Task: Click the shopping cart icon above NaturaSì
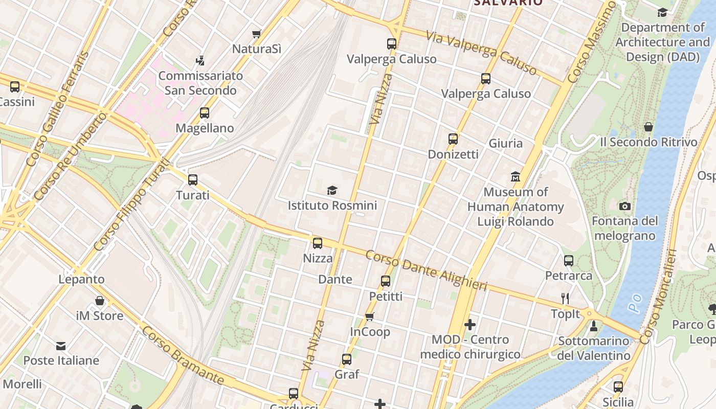[256, 34]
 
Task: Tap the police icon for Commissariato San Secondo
[200, 61]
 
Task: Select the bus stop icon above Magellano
[205, 113]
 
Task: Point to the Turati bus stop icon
[193, 180]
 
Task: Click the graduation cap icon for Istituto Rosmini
[332, 191]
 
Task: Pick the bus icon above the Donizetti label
[453, 139]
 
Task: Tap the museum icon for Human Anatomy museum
[516, 177]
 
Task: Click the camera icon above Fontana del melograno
[624, 206]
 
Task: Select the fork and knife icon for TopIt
[565, 299]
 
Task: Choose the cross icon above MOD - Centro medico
[470, 324]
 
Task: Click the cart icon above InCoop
[370, 317]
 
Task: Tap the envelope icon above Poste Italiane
[61, 346]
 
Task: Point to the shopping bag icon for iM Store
[100, 301]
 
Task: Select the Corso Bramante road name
[183, 356]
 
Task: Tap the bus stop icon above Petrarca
[568, 261]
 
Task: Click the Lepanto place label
[81, 279]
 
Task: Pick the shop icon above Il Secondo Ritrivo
[648, 127]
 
